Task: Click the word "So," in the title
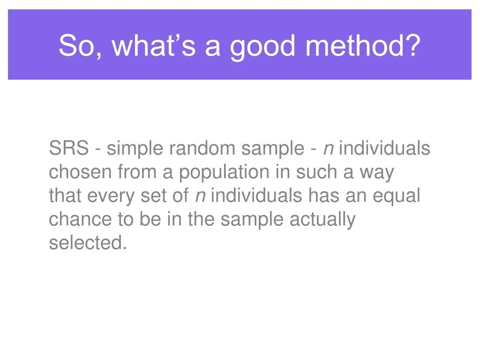[x=80, y=45]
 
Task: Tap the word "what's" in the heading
[x=154, y=45]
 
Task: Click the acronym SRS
[x=69, y=148]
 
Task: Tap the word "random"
[x=202, y=148]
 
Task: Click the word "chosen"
[x=80, y=172]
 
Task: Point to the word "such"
[x=316, y=172]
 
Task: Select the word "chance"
[x=80, y=219]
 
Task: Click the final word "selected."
[x=88, y=243]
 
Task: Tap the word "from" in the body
[x=137, y=172]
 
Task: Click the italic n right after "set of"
[x=201, y=197]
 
